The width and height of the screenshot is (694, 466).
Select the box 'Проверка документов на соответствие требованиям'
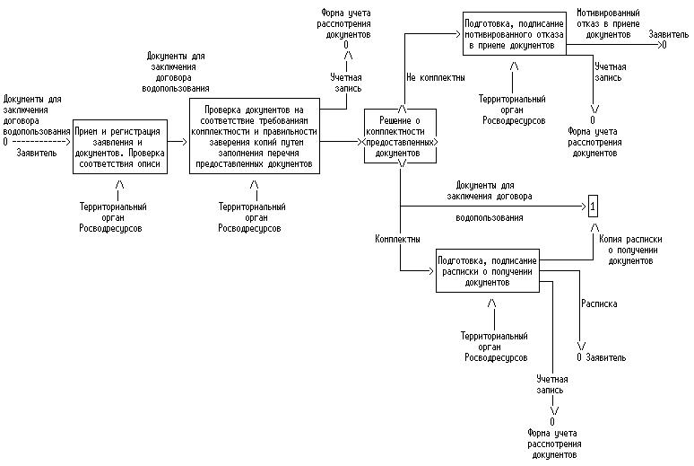[255, 135]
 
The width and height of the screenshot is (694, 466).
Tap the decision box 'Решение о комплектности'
[401, 137]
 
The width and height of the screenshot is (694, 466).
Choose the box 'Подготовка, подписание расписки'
[488, 270]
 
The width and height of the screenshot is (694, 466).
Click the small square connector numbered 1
[592, 207]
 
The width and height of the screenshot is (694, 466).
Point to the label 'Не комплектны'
[435, 77]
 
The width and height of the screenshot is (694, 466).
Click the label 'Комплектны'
[397, 240]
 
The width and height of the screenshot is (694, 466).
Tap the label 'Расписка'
[600, 303]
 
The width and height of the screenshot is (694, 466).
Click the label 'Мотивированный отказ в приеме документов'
[608, 24]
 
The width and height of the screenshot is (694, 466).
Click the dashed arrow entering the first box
[40, 141]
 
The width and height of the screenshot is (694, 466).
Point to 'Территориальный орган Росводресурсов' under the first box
[113, 217]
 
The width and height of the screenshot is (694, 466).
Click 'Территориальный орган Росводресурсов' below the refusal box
[512, 107]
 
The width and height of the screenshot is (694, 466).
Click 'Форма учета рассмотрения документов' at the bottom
[553, 444]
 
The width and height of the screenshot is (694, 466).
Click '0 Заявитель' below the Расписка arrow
[601, 357]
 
